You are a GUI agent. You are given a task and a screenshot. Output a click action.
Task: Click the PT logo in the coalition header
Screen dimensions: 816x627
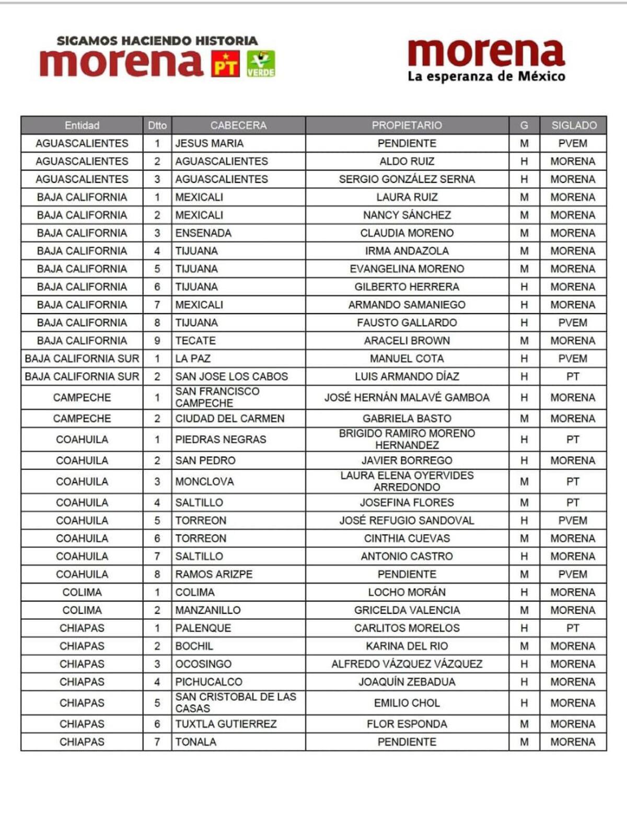225,64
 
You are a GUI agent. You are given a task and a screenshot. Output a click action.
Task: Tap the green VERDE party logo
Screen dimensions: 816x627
261,64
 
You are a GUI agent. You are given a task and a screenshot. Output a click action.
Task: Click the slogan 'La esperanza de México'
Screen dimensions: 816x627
486,77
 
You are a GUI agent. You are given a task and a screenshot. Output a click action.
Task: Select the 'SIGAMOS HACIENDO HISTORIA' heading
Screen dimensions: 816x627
157,40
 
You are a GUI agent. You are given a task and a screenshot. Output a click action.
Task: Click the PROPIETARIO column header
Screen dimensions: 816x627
407,125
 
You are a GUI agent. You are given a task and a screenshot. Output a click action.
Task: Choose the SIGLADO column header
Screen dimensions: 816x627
573,125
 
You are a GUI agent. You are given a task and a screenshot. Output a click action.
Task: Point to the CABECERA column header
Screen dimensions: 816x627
238,125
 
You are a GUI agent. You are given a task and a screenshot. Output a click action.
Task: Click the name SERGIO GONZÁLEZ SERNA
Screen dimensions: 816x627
407,179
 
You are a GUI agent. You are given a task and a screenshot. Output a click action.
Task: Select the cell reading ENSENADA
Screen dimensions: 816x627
203,233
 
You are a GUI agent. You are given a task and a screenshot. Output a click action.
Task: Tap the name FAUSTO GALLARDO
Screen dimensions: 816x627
407,323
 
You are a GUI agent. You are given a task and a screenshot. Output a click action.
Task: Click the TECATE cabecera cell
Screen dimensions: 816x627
195,340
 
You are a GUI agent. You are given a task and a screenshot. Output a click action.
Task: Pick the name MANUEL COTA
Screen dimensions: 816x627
407,359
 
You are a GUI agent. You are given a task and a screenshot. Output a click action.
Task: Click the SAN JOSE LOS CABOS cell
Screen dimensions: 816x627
231,376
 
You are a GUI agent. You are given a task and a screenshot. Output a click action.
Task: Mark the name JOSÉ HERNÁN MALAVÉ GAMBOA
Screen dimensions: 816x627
407,397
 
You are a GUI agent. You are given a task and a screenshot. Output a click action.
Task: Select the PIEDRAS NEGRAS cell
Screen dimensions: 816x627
220,440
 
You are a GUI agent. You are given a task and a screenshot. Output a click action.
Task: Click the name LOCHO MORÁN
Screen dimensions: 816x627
407,592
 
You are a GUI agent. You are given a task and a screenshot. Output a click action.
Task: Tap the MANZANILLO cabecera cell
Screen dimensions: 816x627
208,610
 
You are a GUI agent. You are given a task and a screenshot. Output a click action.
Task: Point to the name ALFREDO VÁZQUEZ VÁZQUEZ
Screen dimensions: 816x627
407,664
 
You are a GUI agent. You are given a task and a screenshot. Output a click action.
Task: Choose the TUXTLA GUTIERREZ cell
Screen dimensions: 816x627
226,724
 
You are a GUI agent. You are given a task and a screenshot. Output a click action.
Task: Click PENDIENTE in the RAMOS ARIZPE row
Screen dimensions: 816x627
407,574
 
